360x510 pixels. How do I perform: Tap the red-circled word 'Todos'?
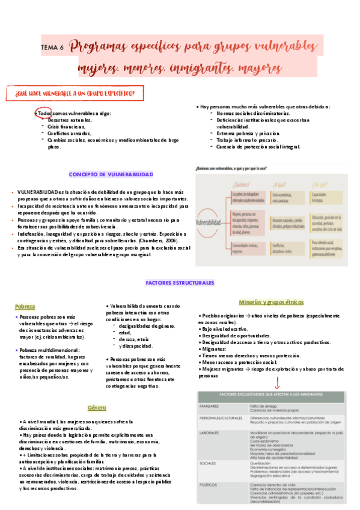(44, 113)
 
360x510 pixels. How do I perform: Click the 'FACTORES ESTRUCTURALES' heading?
(180, 283)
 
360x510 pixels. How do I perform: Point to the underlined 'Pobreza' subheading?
(25, 306)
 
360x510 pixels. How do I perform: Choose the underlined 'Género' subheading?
(96, 407)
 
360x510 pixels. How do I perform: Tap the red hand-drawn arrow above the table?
(276, 382)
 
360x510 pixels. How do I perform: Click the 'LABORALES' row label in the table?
(210, 432)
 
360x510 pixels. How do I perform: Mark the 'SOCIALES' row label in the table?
(209, 463)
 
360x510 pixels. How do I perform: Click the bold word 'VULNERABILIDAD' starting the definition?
(37, 192)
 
